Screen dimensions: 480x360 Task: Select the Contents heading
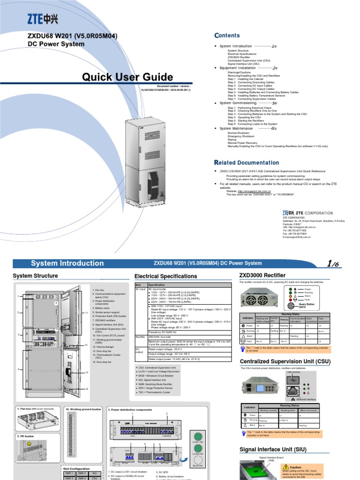point(227,36)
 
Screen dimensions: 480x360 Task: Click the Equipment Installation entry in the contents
point(238,67)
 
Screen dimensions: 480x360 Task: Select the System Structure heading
point(36,276)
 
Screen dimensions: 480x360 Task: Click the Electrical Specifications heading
point(166,277)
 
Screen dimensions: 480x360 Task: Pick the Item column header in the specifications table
point(138,285)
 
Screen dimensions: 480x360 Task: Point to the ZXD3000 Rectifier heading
point(262,276)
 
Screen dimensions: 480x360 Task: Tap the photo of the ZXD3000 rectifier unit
point(259,298)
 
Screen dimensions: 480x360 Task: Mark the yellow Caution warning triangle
point(285,467)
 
